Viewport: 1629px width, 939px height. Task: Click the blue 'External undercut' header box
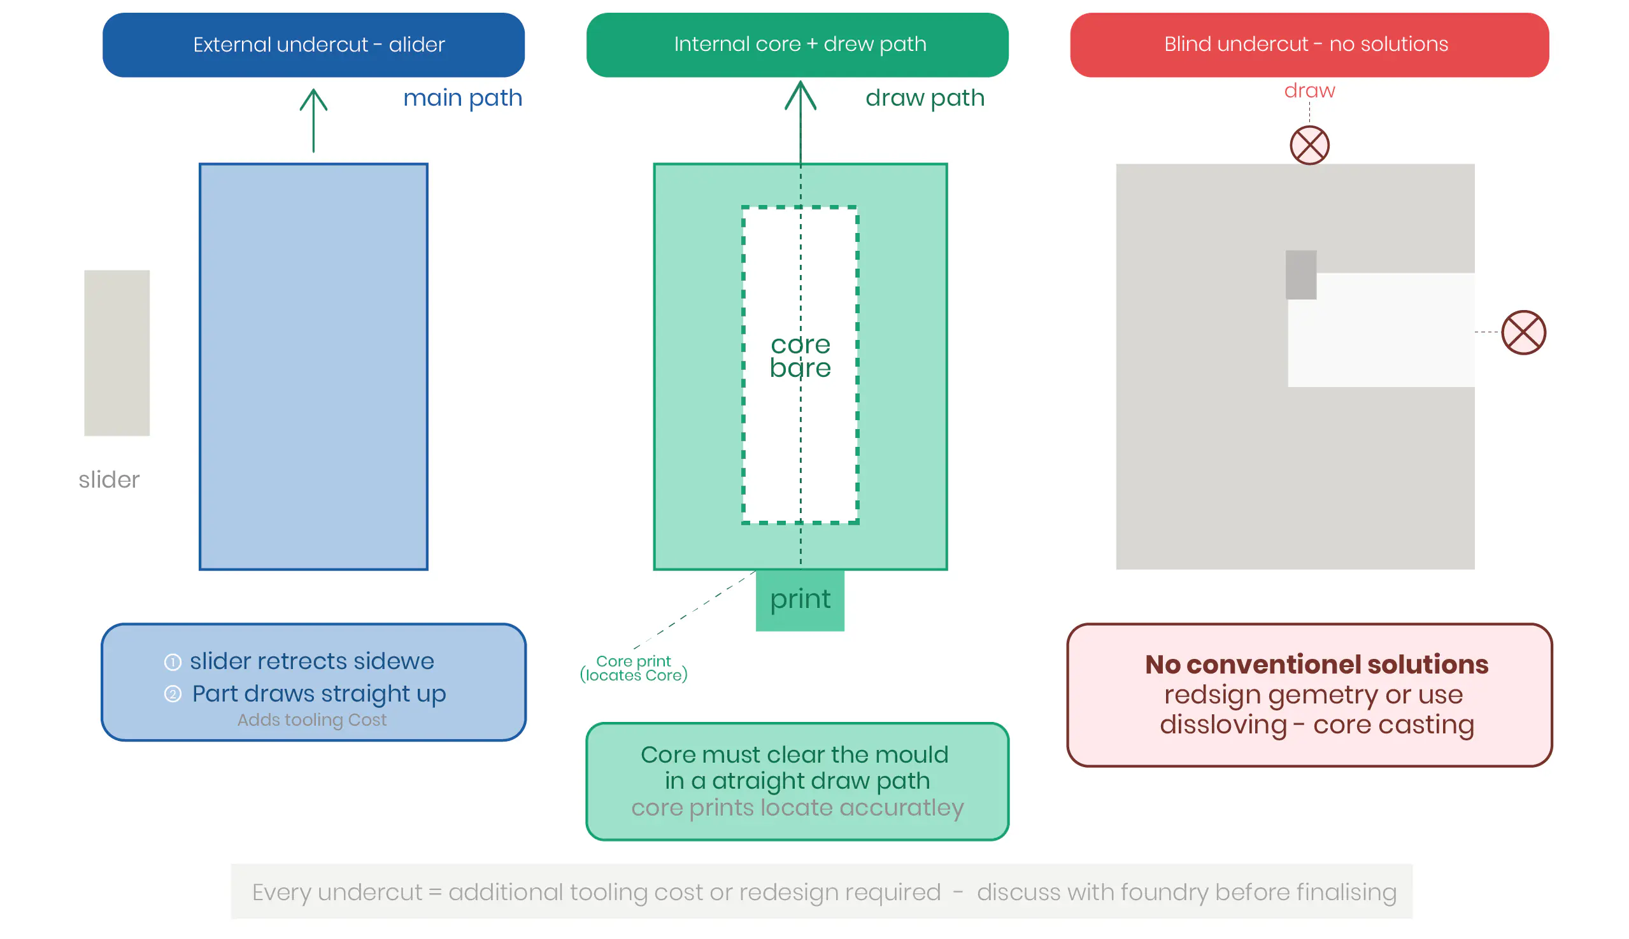(x=313, y=45)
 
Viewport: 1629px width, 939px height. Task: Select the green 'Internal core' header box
(x=797, y=45)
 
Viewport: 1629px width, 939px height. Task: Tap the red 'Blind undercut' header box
(x=1309, y=45)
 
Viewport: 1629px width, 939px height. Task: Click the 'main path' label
(x=462, y=98)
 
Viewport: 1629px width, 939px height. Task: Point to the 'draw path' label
(x=925, y=98)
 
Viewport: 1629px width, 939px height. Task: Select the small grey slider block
(x=117, y=353)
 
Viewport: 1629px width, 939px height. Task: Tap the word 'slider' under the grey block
(x=109, y=480)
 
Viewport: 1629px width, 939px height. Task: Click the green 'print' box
(x=800, y=600)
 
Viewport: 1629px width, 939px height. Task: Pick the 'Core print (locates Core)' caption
(x=634, y=668)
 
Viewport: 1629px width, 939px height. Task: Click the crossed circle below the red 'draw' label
(x=1309, y=145)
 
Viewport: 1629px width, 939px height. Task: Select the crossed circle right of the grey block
(x=1523, y=333)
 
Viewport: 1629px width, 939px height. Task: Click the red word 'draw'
(x=1309, y=90)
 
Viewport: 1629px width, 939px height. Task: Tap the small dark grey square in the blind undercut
(x=1300, y=275)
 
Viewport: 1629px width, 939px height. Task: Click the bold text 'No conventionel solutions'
(x=1316, y=664)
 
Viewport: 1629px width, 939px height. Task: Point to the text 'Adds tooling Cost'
(x=311, y=720)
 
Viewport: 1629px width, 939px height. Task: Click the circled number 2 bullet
(x=172, y=694)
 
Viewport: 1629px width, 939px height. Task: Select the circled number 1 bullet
(x=172, y=662)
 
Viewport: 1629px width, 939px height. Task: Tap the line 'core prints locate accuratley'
(x=797, y=808)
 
